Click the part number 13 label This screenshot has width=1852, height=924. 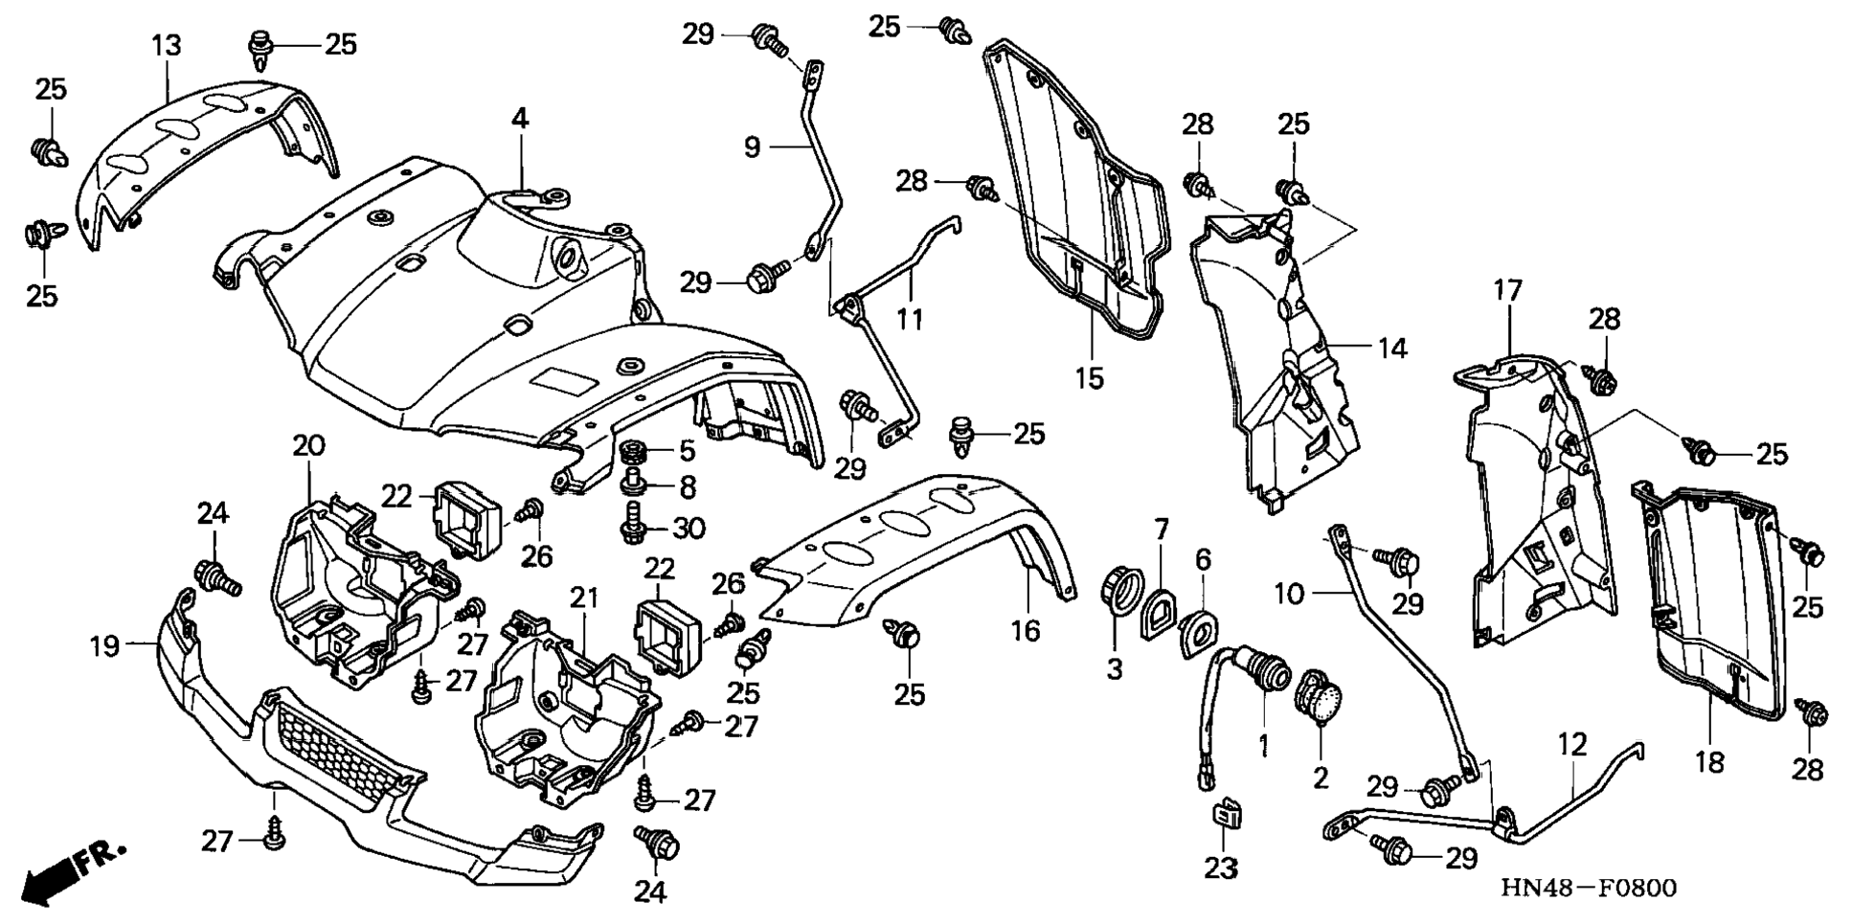(x=166, y=45)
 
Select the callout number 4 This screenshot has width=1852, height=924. (x=519, y=119)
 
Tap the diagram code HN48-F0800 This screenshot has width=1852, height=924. (x=1588, y=889)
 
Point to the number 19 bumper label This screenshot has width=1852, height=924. (x=104, y=646)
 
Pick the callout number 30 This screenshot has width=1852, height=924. (x=689, y=528)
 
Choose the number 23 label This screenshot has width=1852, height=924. (x=1221, y=868)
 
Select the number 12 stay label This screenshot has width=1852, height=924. (x=1572, y=744)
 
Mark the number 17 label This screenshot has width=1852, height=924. (x=1507, y=290)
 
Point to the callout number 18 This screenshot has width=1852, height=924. (x=1709, y=762)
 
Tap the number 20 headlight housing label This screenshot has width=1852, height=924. (x=308, y=445)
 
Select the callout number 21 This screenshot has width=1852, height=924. (x=584, y=598)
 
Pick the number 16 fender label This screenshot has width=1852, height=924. (x=1025, y=630)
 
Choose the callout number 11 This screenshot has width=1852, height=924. (x=910, y=318)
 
